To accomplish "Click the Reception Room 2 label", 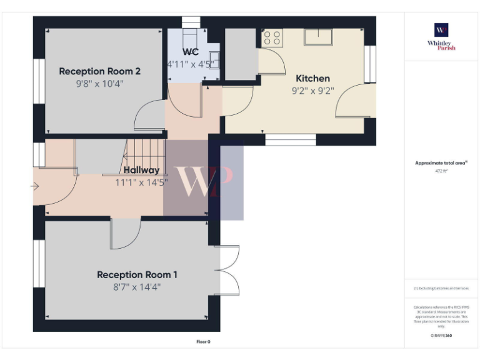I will (x=99, y=71).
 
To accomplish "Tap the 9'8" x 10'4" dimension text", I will (x=99, y=83).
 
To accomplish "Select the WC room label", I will (x=191, y=52).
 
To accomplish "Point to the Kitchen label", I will (x=312, y=78).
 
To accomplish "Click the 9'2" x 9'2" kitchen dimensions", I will (x=312, y=90).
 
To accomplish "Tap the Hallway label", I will (x=141, y=170).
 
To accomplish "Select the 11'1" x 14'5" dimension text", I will (x=141, y=182).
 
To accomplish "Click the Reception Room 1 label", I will (x=137, y=274).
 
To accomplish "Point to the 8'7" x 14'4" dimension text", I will (x=137, y=287).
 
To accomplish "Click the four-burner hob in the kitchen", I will (x=272, y=37).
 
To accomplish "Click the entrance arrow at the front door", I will (x=35, y=186).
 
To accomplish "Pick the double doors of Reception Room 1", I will (x=229, y=270).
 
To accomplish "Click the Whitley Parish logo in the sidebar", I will (x=441, y=36).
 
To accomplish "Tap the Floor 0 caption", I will (x=203, y=342).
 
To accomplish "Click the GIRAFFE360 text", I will (x=441, y=336).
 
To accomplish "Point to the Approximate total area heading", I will (x=441, y=162).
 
